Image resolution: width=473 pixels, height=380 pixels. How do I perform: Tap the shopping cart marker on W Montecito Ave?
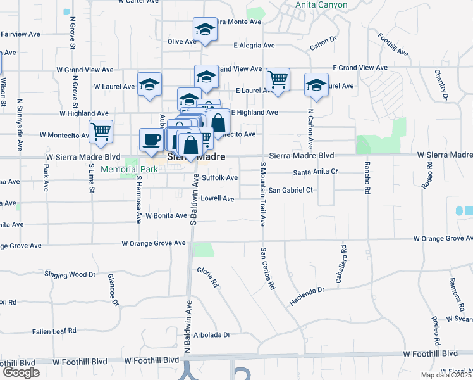[101, 131]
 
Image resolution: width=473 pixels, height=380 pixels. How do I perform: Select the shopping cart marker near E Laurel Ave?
[278, 80]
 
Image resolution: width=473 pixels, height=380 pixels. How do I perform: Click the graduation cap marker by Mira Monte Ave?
[205, 29]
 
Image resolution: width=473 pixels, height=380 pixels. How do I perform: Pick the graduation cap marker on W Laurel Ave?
[149, 84]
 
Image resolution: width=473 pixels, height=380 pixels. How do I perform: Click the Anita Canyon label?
[321, 4]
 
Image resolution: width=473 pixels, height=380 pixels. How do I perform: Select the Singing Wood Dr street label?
[70, 274]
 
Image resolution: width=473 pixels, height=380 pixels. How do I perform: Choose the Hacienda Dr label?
[308, 289]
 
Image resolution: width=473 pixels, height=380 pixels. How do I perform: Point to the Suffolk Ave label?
[219, 178]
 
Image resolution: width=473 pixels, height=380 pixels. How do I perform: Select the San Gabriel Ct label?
[291, 190]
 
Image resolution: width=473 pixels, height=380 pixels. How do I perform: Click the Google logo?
[21, 372]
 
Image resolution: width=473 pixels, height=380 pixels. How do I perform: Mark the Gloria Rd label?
[208, 277]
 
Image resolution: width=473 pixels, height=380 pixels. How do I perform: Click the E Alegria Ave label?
[254, 46]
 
